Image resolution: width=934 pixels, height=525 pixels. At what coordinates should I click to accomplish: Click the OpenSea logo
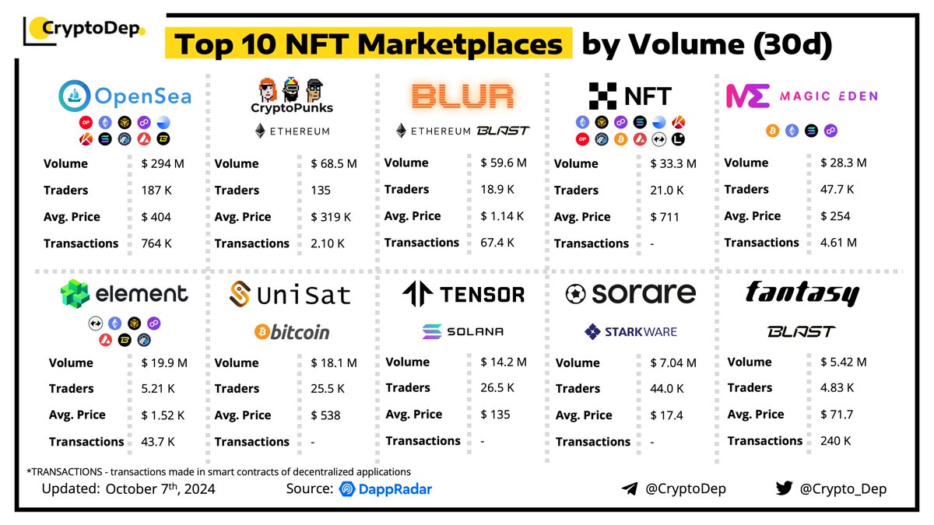tap(125, 96)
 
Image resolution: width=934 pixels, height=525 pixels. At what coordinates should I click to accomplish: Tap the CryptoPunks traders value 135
tap(320, 190)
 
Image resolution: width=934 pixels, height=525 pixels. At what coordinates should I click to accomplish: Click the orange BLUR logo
tap(462, 96)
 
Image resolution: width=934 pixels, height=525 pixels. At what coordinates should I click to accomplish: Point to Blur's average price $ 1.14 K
tap(502, 216)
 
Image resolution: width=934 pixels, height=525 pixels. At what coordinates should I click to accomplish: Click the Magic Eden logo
tap(802, 96)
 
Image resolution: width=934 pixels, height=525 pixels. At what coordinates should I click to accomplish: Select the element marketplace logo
tap(125, 294)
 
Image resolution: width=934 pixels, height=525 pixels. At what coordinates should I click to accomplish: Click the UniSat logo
tap(290, 295)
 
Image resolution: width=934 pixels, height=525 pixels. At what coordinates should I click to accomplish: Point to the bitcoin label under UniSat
tap(291, 332)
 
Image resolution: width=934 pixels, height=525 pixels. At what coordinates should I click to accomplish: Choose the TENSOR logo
tap(463, 294)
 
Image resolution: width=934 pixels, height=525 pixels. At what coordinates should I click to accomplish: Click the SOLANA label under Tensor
tap(463, 331)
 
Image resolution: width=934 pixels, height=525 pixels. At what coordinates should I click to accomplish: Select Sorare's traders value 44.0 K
tap(667, 389)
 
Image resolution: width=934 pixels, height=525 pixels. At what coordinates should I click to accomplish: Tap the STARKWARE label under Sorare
tap(630, 332)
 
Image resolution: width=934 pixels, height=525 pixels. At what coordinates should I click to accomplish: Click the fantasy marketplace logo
tap(802, 293)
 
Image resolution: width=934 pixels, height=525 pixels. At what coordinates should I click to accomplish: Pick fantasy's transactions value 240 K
tap(836, 440)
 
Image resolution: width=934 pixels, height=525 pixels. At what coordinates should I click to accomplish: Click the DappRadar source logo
tap(385, 489)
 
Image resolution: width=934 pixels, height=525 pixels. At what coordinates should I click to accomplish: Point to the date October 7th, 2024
tap(160, 489)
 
